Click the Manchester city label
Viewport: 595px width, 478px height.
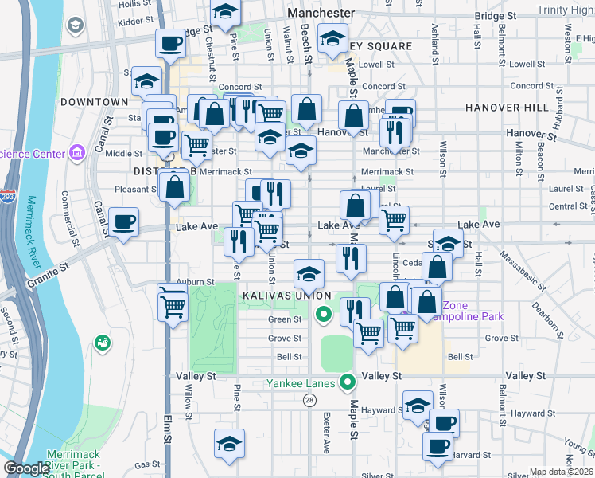pyautogui.click(x=321, y=14)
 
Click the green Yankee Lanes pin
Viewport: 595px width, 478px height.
pyautogui.click(x=347, y=382)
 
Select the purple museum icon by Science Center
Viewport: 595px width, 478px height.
pyautogui.click(x=77, y=151)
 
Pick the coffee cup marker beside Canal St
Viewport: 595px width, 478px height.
pyautogui.click(x=124, y=223)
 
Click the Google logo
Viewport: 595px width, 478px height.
pyautogui.click(x=26, y=468)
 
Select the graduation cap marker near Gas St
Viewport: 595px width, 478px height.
pyautogui.click(x=229, y=444)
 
